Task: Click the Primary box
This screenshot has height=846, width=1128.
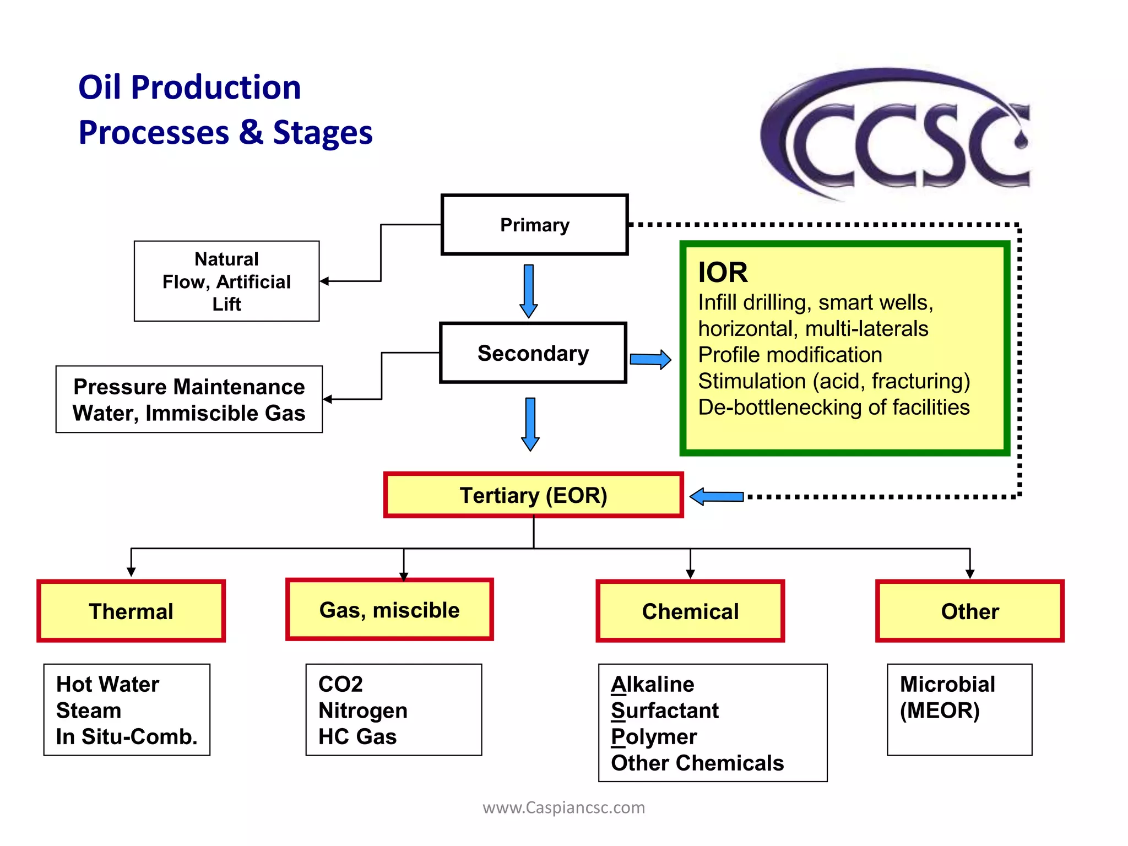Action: pyautogui.click(x=534, y=225)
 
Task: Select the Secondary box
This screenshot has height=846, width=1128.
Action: pyautogui.click(x=533, y=353)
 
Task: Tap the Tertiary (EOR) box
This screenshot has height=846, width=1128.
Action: pyautogui.click(x=533, y=495)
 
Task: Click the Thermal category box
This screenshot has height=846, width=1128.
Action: pyautogui.click(x=131, y=611)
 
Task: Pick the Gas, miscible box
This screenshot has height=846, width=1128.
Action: pyautogui.click(x=389, y=610)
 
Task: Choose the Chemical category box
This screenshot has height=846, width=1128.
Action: pyautogui.click(x=690, y=611)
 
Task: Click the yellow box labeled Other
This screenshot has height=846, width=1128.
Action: pyautogui.click(x=969, y=611)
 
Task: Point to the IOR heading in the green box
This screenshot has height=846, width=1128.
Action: pyautogui.click(x=723, y=272)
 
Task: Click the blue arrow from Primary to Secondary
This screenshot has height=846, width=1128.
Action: pyautogui.click(x=529, y=290)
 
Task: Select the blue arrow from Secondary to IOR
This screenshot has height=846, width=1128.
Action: pyautogui.click(x=650, y=360)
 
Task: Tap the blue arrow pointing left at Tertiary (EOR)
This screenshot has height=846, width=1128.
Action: pyautogui.click(x=716, y=497)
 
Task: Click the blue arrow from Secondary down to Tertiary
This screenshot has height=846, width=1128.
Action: pyautogui.click(x=530, y=423)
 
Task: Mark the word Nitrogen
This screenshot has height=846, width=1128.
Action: pyautogui.click(x=363, y=711)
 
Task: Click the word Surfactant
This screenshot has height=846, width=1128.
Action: pyautogui.click(x=665, y=711)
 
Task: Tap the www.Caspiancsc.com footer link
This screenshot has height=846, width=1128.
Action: pyautogui.click(x=563, y=807)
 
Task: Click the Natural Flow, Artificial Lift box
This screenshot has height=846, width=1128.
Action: pyautogui.click(x=226, y=281)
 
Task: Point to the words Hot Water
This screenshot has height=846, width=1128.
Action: pyautogui.click(x=107, y=684)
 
